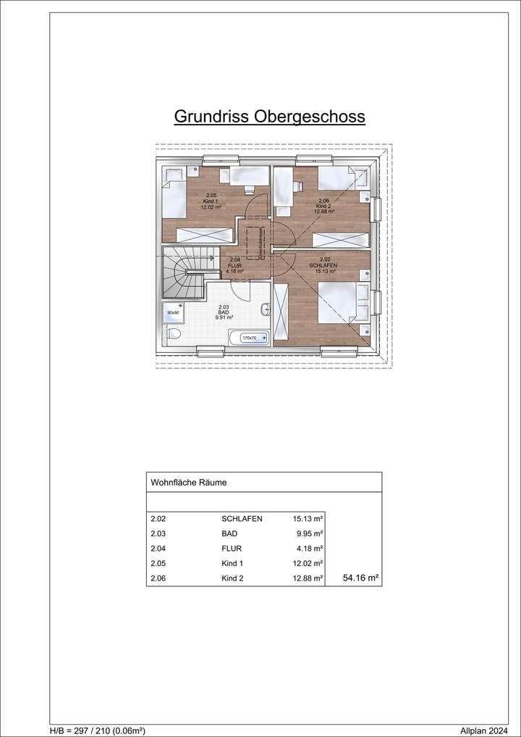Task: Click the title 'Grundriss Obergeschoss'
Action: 269,117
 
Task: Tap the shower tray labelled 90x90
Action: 173,313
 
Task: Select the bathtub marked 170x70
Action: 248,338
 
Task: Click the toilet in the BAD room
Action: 171,336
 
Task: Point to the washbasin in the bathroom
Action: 266,309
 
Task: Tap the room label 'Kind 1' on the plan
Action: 211,201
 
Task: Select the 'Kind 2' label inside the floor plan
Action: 323,206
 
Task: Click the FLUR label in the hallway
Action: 234,265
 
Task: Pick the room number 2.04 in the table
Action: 158,548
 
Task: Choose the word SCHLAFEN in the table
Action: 242,519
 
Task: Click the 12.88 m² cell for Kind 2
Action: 308,578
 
